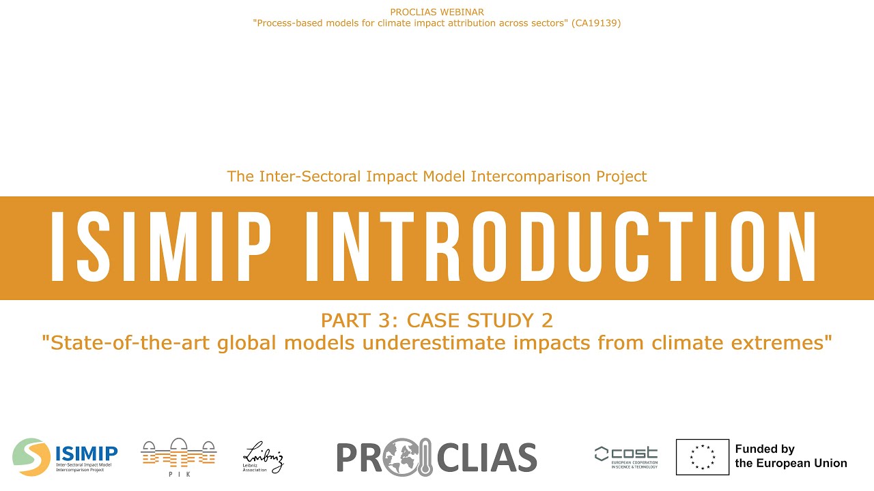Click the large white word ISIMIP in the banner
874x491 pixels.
coord(161,248)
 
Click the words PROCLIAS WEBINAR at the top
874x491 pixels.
coord(437,12)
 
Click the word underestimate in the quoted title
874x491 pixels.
coord(421,342)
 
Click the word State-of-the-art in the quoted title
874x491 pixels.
coord(126,342)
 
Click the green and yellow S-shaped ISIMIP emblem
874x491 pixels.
coord(31,457)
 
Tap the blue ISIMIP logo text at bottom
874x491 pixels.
coord(87,452)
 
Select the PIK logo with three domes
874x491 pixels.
coord(178,453)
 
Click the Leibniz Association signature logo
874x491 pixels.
coord(263,457)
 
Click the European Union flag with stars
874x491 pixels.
coord(702,457)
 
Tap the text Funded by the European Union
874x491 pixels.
coord(790,456)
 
